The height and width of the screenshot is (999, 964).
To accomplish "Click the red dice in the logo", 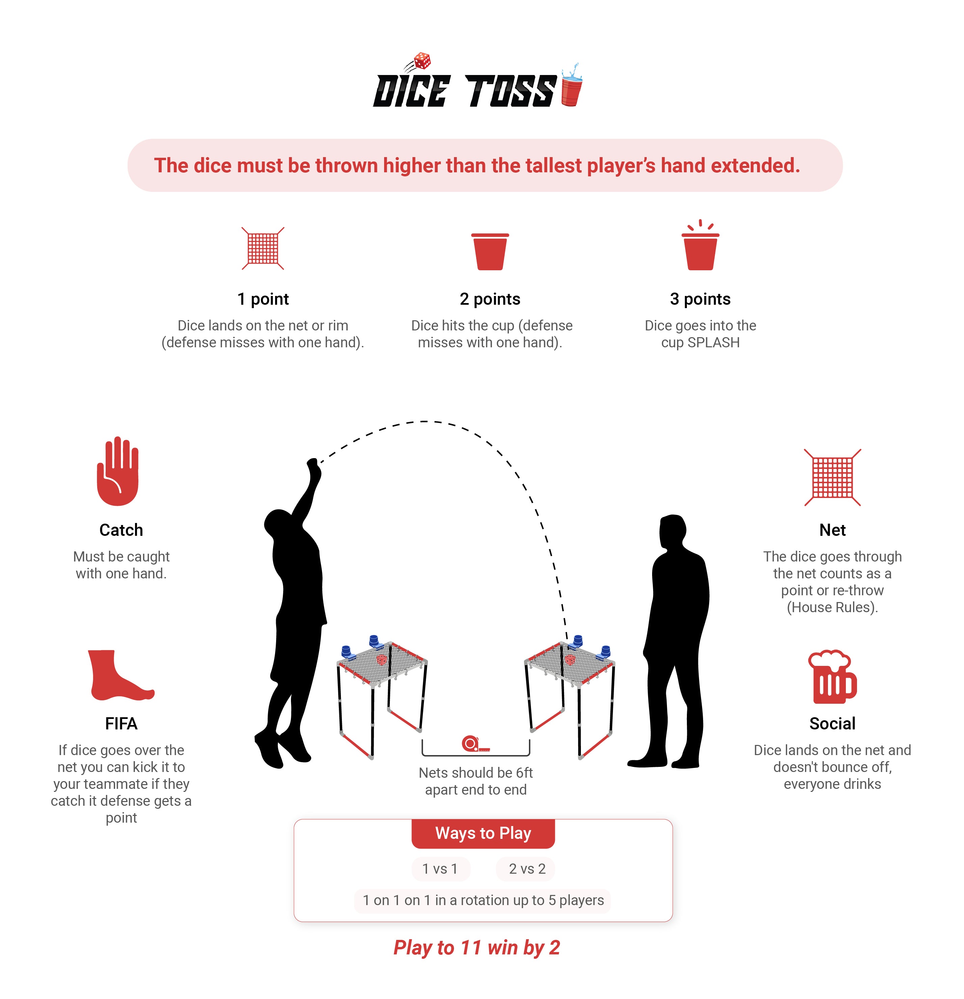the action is [422, 61].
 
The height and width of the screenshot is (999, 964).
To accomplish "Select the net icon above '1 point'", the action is [263, 248].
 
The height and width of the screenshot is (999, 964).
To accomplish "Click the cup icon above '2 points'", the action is [490, 251].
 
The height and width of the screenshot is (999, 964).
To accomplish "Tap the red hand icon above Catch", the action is [118, 471].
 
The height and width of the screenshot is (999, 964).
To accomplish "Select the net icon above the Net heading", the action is [832, 477].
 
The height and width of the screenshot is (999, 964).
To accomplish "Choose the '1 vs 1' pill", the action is [440, 869].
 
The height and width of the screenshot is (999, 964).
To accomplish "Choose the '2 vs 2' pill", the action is [526, 869].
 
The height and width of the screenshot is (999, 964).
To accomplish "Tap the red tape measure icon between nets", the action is [475, 744].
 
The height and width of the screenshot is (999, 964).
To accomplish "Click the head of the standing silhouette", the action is [673, 532].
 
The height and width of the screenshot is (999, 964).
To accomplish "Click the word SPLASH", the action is [714, 343].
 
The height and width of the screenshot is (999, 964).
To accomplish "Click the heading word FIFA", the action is [121, 724].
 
